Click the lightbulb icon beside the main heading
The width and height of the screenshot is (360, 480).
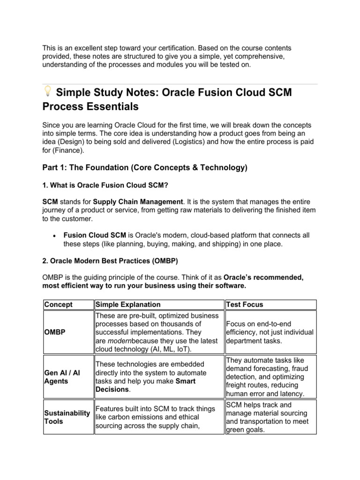(x=47, y=91)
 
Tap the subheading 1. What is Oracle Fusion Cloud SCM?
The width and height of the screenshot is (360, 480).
(x=105, y=185)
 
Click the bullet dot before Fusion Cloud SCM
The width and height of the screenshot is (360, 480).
(x=55, y=235)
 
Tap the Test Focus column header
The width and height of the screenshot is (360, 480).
(x=244, y=304)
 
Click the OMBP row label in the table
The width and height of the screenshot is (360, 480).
(x=55, y=332)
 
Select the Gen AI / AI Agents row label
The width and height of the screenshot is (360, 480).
(x=62, y=377)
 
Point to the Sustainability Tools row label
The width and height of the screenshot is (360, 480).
(x=67, y=417)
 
